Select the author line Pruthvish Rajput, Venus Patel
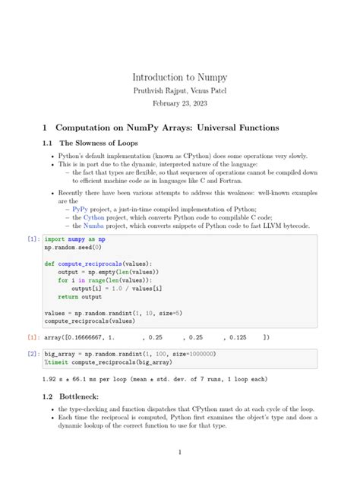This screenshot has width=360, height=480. (x=179, y=90)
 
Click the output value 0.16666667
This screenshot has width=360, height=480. (x=88, y=337)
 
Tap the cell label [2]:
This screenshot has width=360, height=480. (x=33, y=354)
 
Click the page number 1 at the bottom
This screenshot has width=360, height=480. (x=179, y=453)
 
